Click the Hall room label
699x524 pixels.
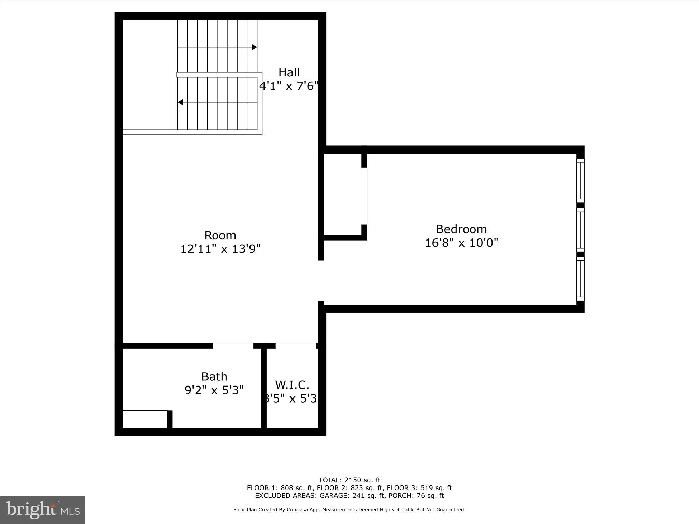[x=289, y=72]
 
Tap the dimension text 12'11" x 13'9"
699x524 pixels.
[x=220, y=249]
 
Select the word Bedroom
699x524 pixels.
[x=461, y=229]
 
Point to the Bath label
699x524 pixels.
[x=214, y=377]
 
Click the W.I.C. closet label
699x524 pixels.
[x=292, y=385]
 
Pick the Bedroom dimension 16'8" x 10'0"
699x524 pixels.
[x=461, y=243]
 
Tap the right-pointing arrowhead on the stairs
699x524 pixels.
[x=254, y=47]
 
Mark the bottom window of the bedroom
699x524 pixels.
[x=580, y=279]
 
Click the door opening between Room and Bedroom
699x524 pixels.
[x=321, y=281]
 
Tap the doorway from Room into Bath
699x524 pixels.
[x=233, y=346]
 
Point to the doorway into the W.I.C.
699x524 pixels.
[x=296, y=346]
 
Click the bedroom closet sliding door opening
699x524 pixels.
[x=364, y=196]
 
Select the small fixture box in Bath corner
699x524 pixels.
[x=145, y=419]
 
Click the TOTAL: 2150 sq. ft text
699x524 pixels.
[x=349, y=480]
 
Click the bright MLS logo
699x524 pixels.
[x=43, y=510]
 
